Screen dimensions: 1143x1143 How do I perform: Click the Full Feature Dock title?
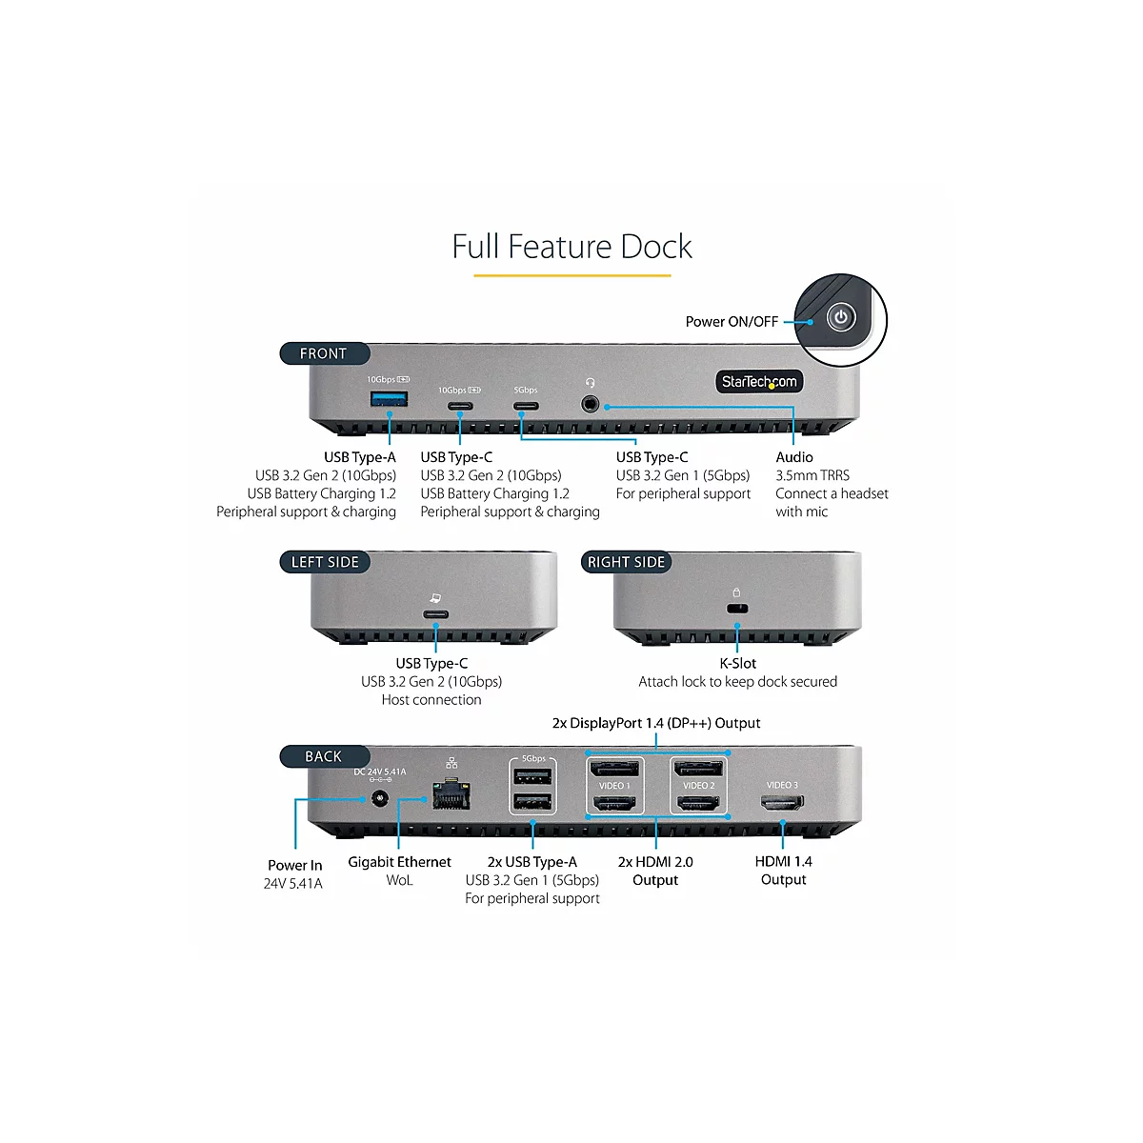pyautogui.click(x=571, y=247)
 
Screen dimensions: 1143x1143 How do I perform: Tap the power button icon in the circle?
pyautogui.click(x=841, y=317)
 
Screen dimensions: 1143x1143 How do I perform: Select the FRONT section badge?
pyautogui.click(x=324, y=353)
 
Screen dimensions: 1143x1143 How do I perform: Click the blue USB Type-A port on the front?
pyautogui.click(x=389, y=398)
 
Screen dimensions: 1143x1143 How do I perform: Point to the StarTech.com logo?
pyautogui.click(x=759, y=382)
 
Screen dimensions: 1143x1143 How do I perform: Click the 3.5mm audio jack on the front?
pyautogui.click(x=591, y=404)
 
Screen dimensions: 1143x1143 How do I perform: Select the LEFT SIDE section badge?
pyautogui.click(x=325, y=562)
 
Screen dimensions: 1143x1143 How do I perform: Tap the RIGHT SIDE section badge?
pyautogui.click(x=626, y=562)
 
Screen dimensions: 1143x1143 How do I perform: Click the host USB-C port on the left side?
pyautogui.click(x=435, y=613)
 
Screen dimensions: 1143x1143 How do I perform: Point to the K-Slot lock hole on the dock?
pyautogui.click(x=736, y=609)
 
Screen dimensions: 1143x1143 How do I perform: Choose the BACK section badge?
pyautogui.click(x=324, y=756)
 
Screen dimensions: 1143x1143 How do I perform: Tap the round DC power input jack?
pyautogui.click(x=381, y=799)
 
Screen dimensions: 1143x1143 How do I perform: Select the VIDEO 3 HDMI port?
pyautogui.click(x=782, y=803)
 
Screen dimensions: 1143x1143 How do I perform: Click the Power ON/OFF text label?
pyautogui.click(x=732, y=322)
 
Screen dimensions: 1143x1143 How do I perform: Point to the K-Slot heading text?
pyautogui.click(x=737, y=663)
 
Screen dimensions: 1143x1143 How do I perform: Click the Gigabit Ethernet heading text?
pyautogui.click(x=399, y=862)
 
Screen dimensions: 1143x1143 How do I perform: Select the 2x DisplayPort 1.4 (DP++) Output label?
pyautogui.click(x=656, y=723)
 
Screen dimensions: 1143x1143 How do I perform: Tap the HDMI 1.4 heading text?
pyautogui.click(x=783, y=861)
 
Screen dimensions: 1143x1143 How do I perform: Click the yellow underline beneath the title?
pyautogui.click(x=571, y=275)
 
